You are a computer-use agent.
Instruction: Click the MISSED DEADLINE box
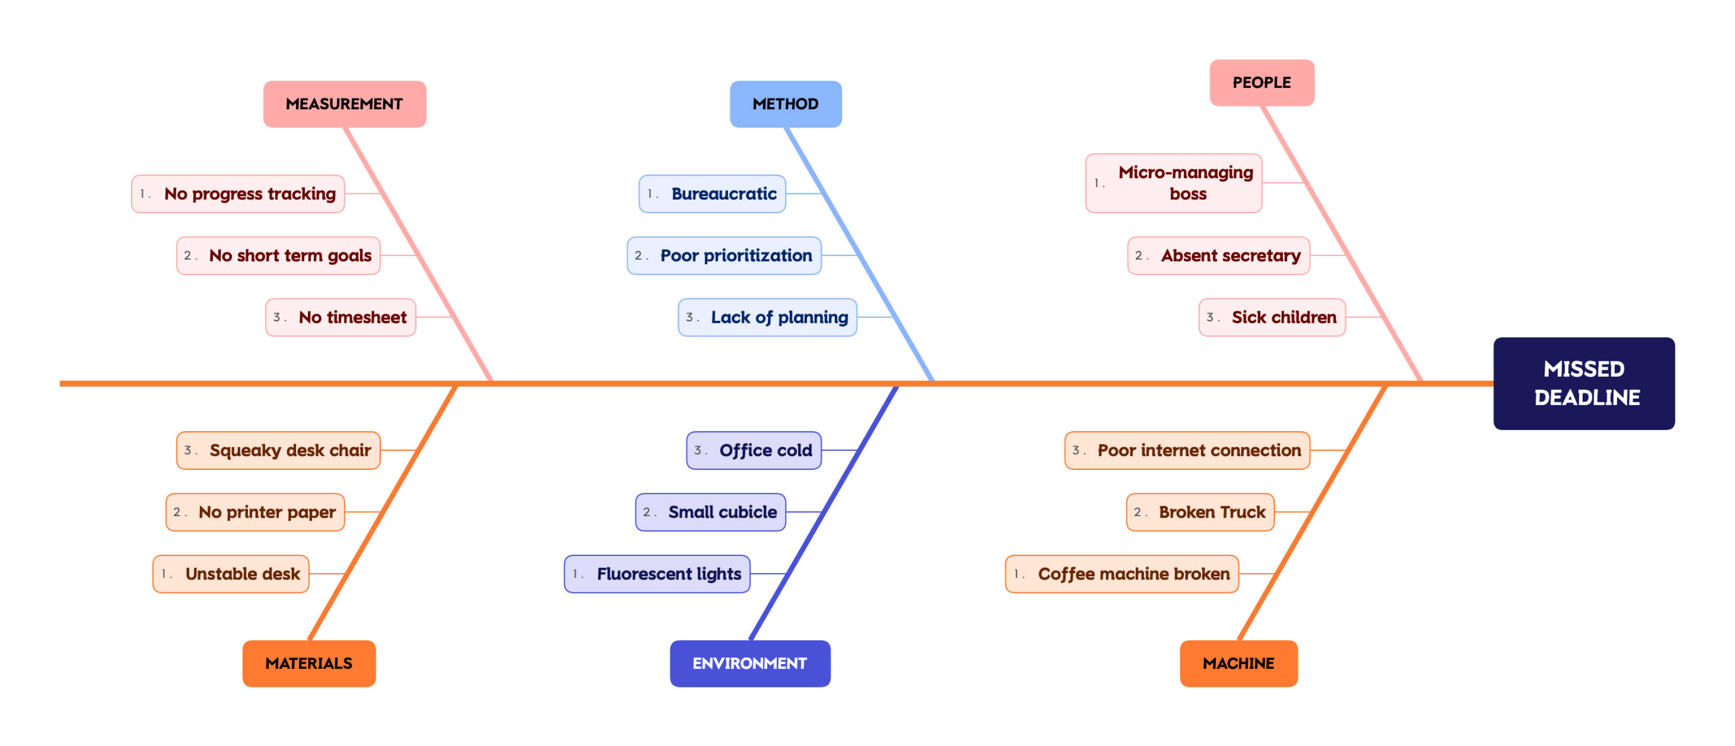1584,383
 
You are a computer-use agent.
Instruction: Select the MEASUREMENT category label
344,104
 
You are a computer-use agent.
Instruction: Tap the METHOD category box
786,104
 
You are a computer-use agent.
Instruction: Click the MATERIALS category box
308,663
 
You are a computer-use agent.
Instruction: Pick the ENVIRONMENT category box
750,663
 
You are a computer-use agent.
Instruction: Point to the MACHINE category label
1238,663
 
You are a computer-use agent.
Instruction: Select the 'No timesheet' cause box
341,318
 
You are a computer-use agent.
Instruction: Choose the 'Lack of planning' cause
767,318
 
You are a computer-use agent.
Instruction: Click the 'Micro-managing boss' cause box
1173,183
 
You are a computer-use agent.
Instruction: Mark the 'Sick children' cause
1271,318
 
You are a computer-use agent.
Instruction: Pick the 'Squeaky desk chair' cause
278,450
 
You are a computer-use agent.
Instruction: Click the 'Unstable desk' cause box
231,574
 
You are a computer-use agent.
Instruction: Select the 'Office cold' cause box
754,450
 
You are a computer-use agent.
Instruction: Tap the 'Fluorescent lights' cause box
657,574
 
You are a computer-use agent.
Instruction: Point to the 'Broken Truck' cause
1200,512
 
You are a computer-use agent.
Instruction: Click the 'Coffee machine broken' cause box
1121,574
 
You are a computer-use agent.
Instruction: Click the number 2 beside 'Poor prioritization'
638,256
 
